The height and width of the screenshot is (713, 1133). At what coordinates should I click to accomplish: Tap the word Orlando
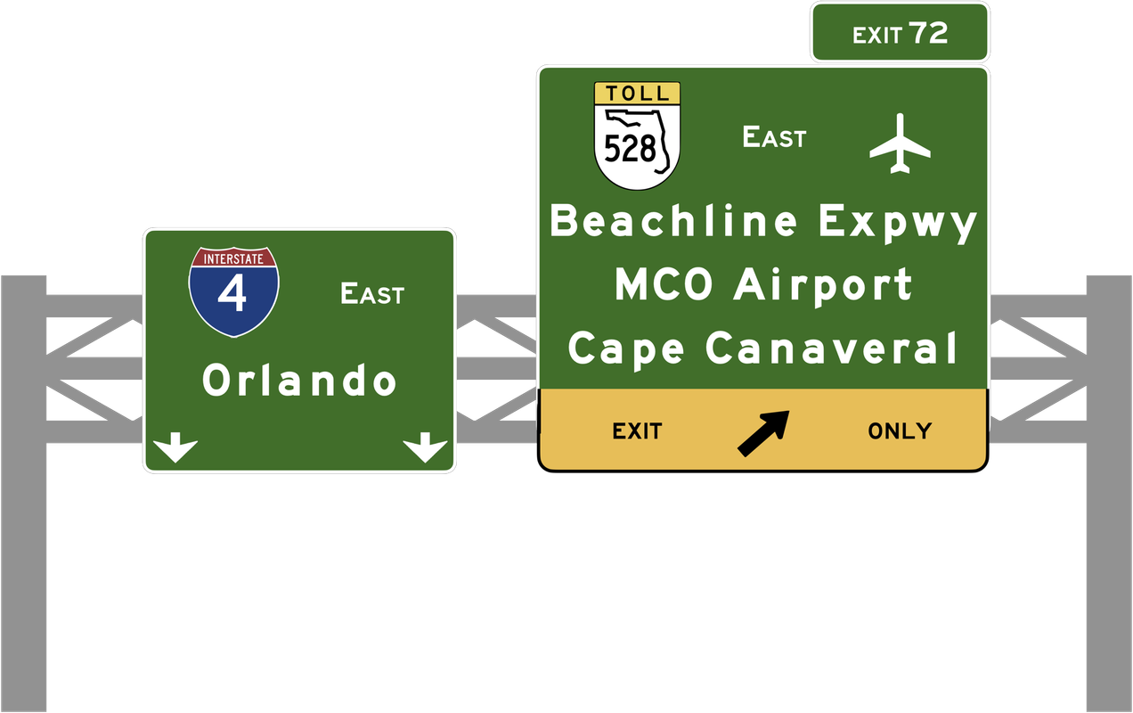tap(299, 381)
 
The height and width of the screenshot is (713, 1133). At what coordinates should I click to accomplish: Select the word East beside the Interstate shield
tap(372, 293)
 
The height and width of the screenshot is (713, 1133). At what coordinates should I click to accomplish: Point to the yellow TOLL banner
tap(637, 93)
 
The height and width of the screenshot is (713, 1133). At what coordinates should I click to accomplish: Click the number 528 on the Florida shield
tap(631, 148)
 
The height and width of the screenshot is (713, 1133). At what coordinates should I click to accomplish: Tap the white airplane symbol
tap(900, 143)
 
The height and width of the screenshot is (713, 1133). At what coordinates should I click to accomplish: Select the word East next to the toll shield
tap(774, 137)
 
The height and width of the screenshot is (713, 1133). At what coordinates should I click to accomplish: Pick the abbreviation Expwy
tap(898, 223)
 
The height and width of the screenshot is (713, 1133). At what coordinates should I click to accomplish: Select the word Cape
tap(626, 348)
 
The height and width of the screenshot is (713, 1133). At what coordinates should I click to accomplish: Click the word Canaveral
tap(832, 348)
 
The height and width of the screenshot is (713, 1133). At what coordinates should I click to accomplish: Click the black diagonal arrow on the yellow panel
tap(763, 432)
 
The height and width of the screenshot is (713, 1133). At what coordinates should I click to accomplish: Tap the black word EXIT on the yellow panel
tap(637, 431)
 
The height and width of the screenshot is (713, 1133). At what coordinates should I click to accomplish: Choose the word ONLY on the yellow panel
tap(900, 431)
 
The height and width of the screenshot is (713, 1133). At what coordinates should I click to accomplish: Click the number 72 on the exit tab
tap(929, 34)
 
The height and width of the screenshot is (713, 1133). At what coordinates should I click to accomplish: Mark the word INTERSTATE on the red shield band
tap(233, 259)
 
